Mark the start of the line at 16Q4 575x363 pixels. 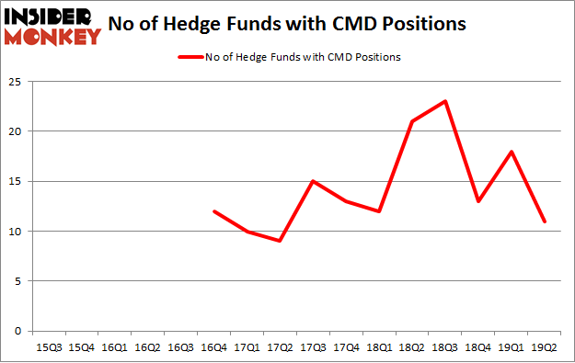213,211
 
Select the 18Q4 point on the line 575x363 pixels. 478,201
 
